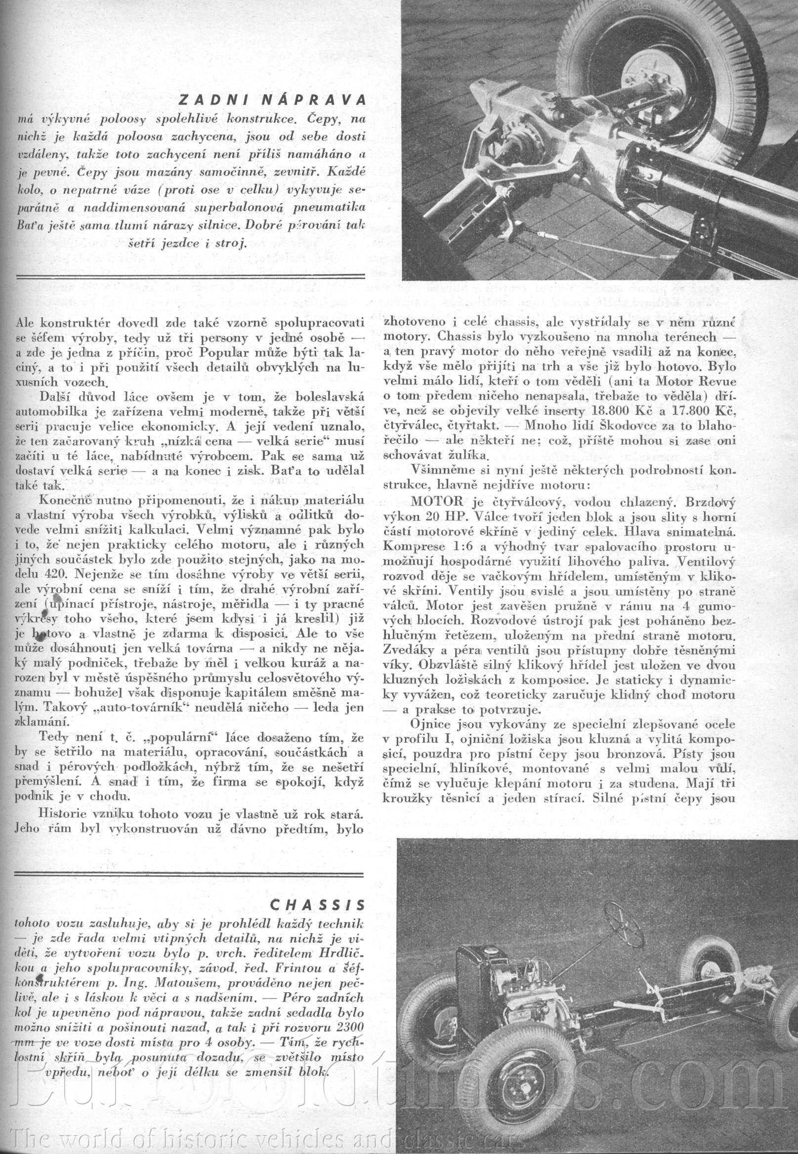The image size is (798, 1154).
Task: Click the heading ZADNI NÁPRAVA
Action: click(272, 100)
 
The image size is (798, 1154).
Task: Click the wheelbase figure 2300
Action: click(345, 1025)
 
